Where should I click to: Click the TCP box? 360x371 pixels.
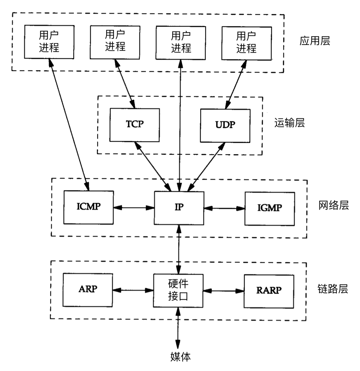(134, 125)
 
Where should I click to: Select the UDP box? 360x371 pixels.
(225, 125)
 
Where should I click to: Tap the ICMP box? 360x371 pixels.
(88, 207)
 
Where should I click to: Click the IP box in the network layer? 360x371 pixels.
(179, 208)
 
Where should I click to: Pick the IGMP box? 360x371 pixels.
(269, 208)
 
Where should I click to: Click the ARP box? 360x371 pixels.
(88, 290)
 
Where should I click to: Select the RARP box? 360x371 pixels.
(269, 291)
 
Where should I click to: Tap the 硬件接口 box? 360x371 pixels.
(178, 290)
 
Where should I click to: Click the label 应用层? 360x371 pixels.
(314, 41)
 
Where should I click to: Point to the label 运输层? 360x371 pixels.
(289, 123)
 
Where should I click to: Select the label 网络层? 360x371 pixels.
(333, 206)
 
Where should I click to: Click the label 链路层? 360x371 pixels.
(333, 289)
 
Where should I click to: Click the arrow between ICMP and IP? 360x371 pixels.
(134, 207)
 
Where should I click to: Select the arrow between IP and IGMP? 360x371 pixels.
(224, 208)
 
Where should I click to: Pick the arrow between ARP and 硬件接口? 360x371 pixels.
(133, 290)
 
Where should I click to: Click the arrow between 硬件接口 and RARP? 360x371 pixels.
(224, 291)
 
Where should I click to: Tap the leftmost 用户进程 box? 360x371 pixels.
(49, 42)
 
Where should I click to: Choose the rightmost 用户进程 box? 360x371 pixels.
(246, 43)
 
